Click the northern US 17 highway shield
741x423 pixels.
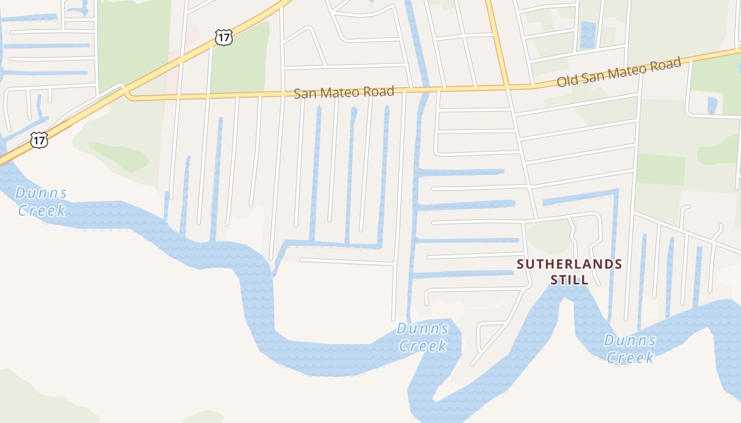(223, 38)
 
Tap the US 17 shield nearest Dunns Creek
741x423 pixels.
(39, 140)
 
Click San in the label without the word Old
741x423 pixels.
(304, 94)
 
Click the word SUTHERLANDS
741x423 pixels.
(570, 264)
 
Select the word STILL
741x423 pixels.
(570, 280)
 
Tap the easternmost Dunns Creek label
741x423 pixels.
(630, 349)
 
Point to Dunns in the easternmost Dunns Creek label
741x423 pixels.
(630, 340)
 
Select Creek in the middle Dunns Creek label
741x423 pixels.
(422, 346)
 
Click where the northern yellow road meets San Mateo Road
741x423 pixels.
(505, 86)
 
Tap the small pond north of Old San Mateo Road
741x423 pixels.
(588, 34)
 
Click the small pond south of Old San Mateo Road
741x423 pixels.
(712, 105)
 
